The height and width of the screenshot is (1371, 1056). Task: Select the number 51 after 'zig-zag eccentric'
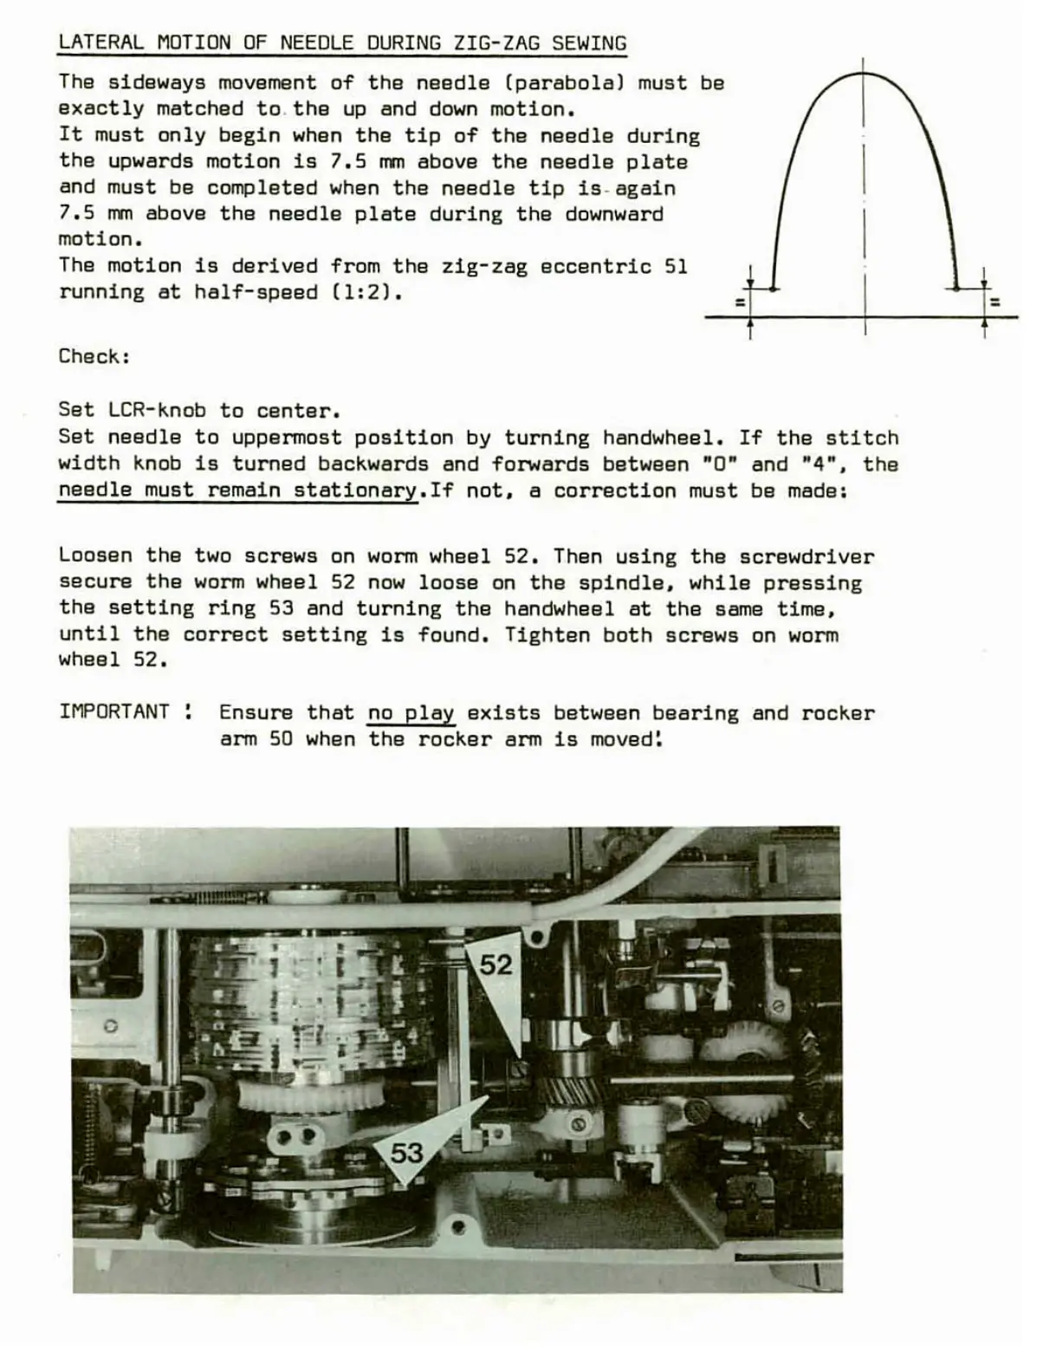tap(675, 266)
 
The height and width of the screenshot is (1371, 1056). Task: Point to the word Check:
tap(94, 356)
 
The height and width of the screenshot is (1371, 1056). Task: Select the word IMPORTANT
tap(114, 712)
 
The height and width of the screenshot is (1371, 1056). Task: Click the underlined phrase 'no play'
tap(411, 713)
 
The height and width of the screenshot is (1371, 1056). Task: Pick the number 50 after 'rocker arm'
tap(281, 739)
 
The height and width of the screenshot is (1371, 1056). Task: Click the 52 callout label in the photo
tap(496, 965)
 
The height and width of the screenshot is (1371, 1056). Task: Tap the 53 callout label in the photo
tap(406, 1153)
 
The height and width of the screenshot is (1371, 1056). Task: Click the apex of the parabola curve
tap(864, 75)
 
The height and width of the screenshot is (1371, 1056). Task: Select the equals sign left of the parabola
tap(739, 302)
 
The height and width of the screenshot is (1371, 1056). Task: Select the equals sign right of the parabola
tap(994, 302)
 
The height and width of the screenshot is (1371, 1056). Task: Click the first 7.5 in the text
tap(350, 162)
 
